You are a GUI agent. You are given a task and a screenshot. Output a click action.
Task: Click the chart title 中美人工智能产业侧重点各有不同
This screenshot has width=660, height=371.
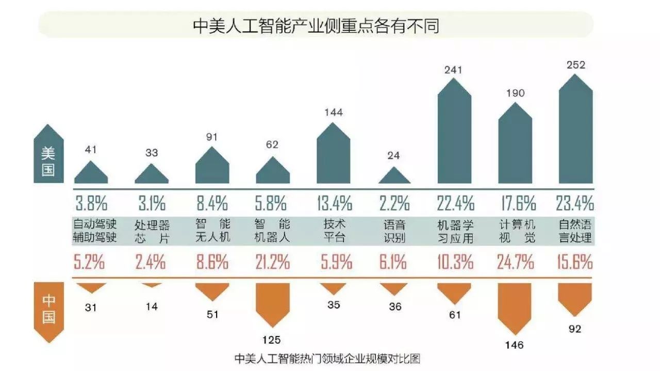[x=316, y=25]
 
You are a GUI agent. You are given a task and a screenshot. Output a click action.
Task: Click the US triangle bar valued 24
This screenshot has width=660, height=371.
[x=394, y=176]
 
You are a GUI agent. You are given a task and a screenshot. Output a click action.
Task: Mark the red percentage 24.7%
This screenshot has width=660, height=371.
[x=515, y=263]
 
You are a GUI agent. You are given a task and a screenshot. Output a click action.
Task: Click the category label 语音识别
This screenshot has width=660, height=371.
[x=394, y=232]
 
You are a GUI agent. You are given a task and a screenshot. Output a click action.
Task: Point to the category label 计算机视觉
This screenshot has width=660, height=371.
[x=517, y=232]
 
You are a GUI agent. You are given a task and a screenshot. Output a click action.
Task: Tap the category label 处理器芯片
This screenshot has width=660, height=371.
[x=152, y=232]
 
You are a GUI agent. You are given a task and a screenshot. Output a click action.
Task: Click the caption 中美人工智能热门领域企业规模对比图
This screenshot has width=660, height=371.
[x=327, y=358]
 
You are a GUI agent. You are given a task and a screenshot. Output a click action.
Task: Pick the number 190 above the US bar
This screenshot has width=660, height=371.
[x=515, y=93]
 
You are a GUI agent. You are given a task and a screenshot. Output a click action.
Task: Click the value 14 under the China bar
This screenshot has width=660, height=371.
[x=151, y=307]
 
